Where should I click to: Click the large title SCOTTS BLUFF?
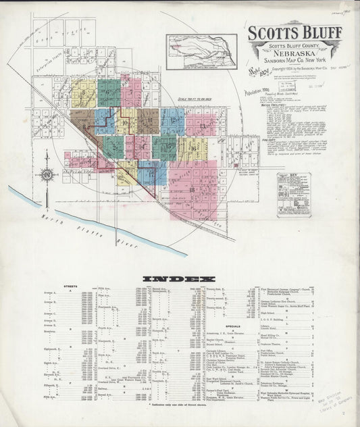tap(294, 32)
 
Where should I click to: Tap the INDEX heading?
tap(179, 278)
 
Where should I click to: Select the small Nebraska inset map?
tap(201, 52)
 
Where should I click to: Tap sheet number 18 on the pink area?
tap(192, 191)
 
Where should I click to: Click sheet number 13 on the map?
tap(201, 126)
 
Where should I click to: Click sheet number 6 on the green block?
tap(107, 92)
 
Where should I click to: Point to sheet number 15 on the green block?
tap(163, 147)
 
